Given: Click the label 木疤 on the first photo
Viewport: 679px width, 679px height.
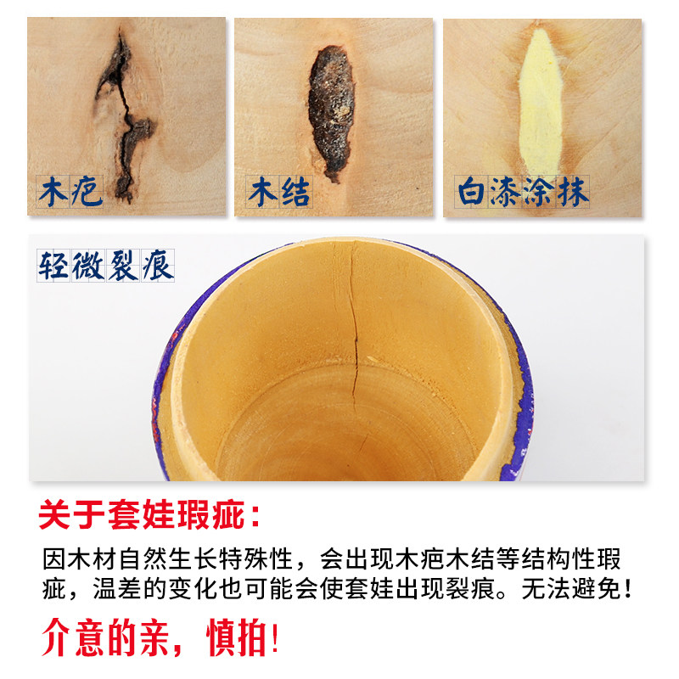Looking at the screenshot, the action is coord(70,192).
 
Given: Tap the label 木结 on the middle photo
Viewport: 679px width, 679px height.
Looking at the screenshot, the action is coord(279,192).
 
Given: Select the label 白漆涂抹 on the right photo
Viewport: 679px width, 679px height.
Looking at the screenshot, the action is coord(523,192).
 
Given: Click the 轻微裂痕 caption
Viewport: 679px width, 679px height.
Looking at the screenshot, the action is coord(105,266).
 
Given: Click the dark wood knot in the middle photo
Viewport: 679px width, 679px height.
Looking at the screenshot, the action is coord(332,112).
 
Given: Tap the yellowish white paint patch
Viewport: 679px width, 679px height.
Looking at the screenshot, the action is coord(541,102).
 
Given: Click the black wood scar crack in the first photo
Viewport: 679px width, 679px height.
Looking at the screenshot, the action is coord(125,117).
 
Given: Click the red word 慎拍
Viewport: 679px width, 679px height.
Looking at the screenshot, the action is coord(237,637).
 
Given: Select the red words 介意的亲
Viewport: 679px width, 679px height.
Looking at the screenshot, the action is coord(105,637).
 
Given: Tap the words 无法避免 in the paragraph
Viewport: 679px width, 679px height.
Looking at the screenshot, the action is coord(570,589).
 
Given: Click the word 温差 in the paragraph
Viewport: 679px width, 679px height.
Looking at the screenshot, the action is coord(117,589).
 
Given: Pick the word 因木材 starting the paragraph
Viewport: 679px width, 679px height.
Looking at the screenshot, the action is coord(80,559).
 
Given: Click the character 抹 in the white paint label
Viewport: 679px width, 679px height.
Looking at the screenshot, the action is coord(573,192).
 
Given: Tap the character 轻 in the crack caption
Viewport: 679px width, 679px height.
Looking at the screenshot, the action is coord(53,266).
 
